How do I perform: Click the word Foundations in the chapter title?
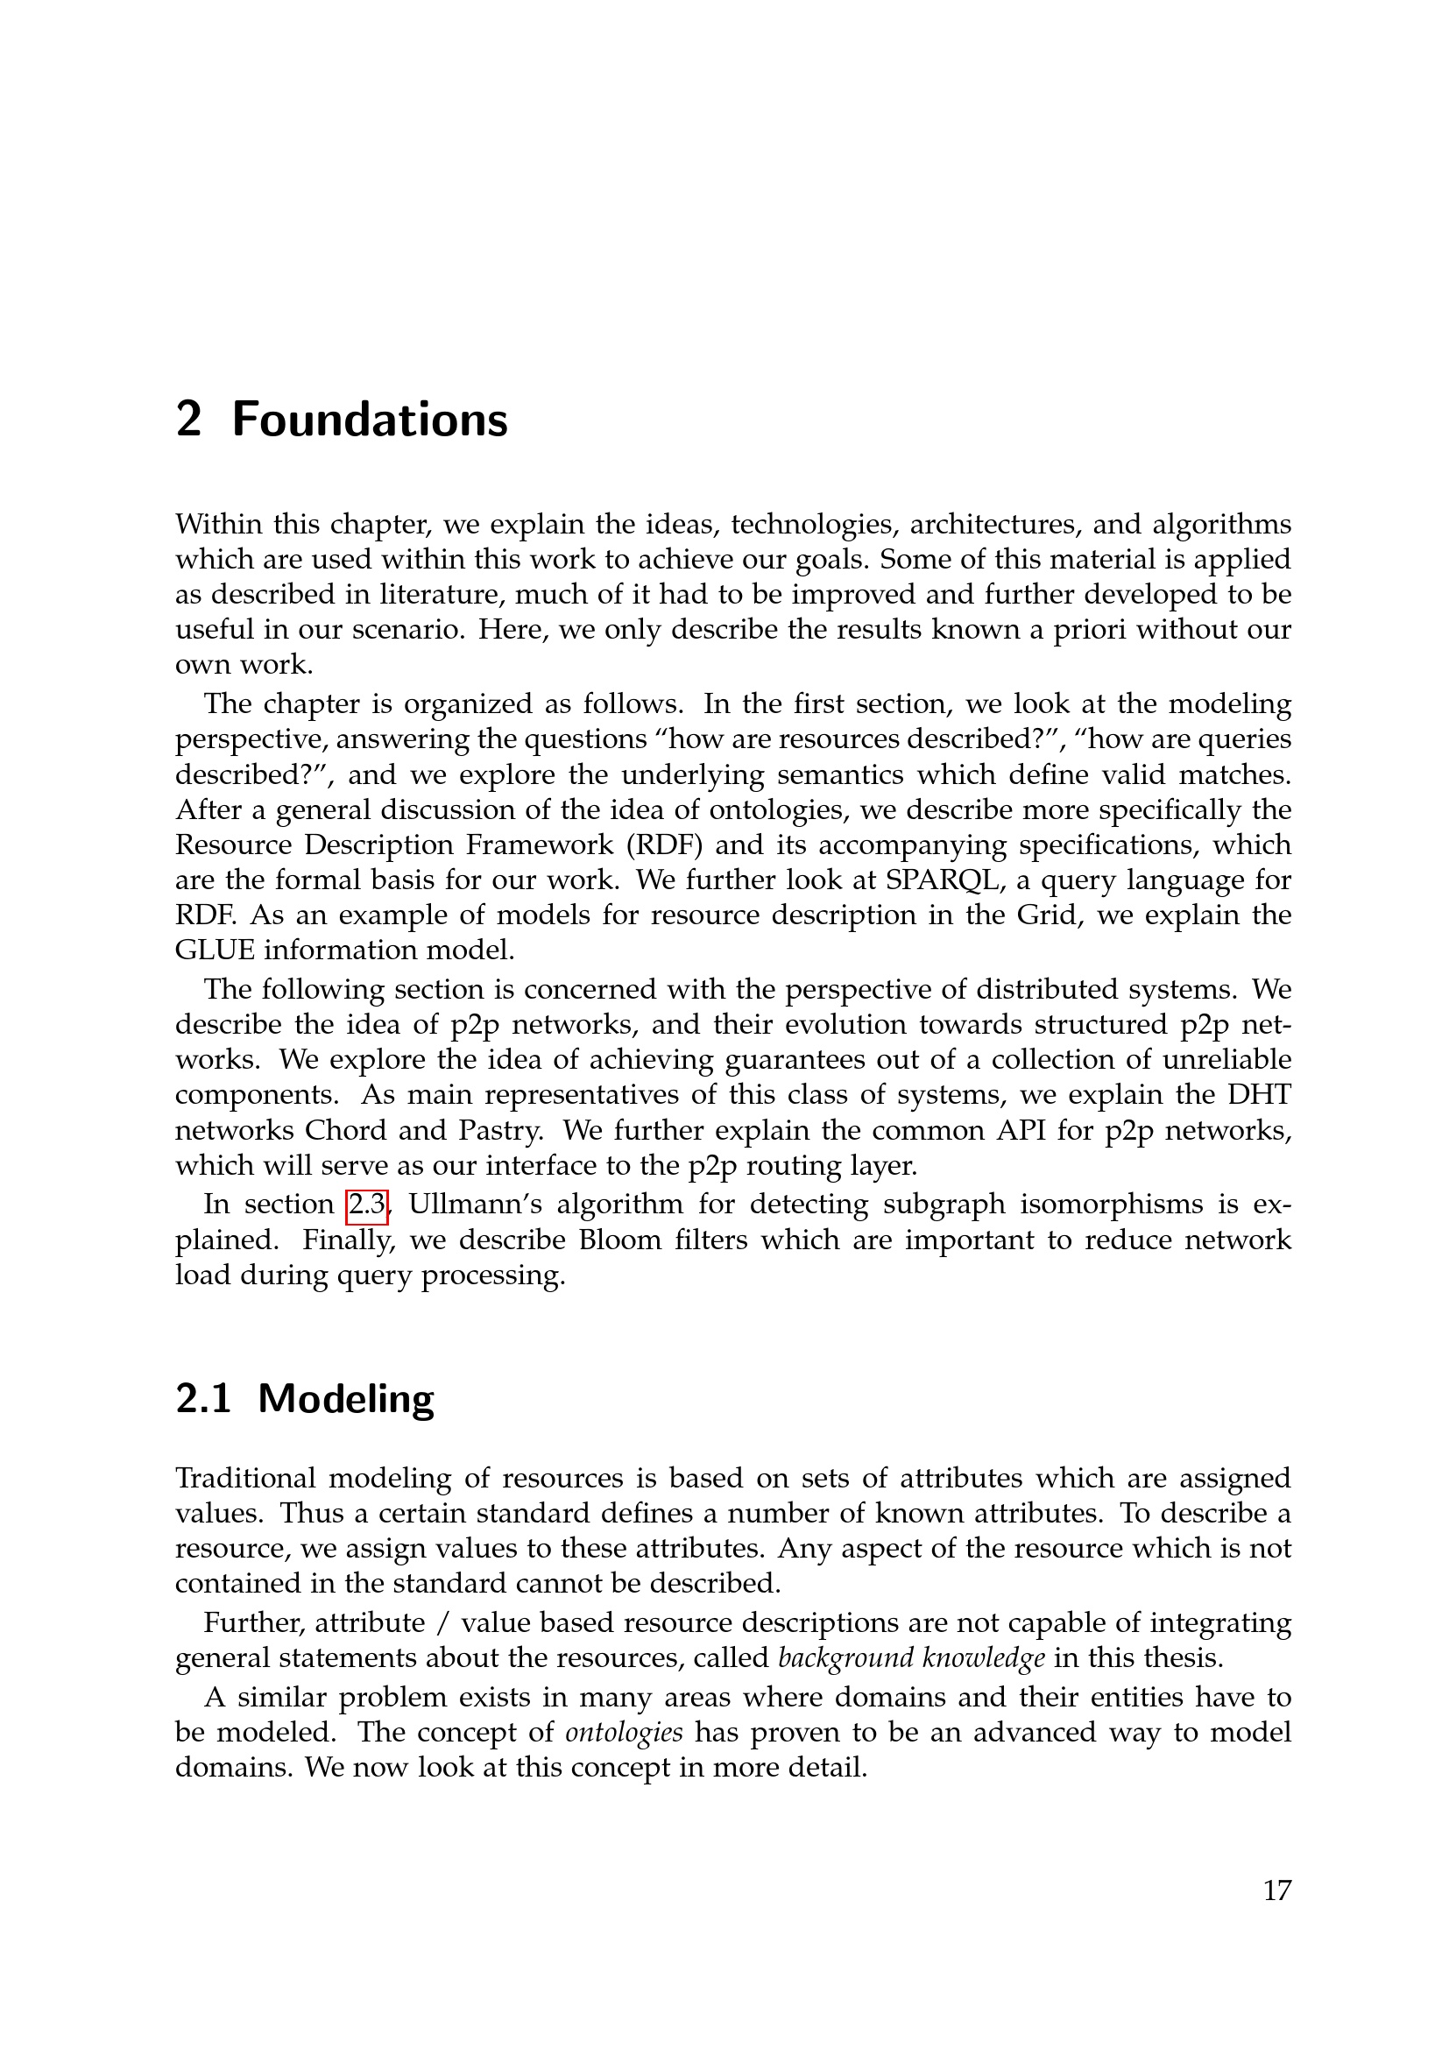pos(370,420)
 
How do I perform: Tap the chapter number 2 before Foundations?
pos(188,420)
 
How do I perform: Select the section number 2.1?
pos(203,1398)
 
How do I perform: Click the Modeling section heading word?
pos(346,1398)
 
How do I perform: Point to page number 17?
pos(1276,1890)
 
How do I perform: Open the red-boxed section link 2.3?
pos(367,1205)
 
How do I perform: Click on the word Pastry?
pos(500,1130)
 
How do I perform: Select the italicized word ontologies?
pos(625,1732)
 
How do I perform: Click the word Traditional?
pos(246,1478)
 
